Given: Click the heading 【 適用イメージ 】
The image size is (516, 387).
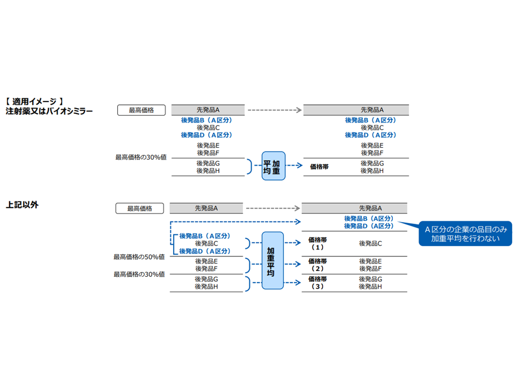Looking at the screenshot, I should click(x=35, y=101).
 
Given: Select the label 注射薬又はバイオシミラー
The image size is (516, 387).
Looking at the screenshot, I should click(x=49, y=111).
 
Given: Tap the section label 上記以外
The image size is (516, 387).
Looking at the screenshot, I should click(x=22, y=205).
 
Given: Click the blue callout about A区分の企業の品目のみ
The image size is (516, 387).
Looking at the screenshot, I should click(x=465, y=234).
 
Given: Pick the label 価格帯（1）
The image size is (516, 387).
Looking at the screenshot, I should click(x=317, y=243).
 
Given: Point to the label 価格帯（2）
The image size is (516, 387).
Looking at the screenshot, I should click(x=317, y=264).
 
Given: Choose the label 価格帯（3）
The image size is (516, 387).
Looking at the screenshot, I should click(x=317, y=283).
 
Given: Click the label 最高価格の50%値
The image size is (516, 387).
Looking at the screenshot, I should click(x=139, y=257).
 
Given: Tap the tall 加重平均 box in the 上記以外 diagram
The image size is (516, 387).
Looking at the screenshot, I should click(x=273, y=261).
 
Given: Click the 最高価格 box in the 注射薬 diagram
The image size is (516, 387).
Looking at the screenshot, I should click(x=141, y=110).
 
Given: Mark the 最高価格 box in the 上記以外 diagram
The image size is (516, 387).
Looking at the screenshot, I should click(x=140, y=209).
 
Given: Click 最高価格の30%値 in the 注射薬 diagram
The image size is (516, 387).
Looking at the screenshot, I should click(x=141, y=157).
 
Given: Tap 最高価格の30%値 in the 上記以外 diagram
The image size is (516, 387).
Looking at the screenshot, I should click(x=139, y=274).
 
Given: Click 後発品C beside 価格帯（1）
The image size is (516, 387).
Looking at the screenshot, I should click(x=370, y=243).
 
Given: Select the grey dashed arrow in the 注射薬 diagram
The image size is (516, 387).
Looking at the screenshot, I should click(x=274, y=110).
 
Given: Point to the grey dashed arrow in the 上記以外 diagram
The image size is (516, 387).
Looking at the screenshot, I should click(x=273, y=208).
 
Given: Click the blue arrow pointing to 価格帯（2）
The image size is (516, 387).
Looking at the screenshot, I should click(x=291, y=264).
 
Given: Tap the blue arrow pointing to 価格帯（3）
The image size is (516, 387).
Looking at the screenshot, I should click(x=291, y=282).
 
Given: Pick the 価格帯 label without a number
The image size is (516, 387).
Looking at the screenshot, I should click(x=319, y=167).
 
